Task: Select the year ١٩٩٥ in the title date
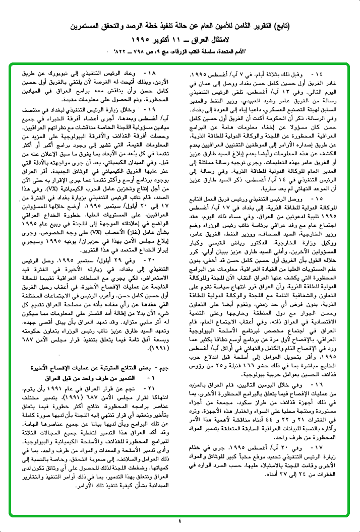143,39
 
